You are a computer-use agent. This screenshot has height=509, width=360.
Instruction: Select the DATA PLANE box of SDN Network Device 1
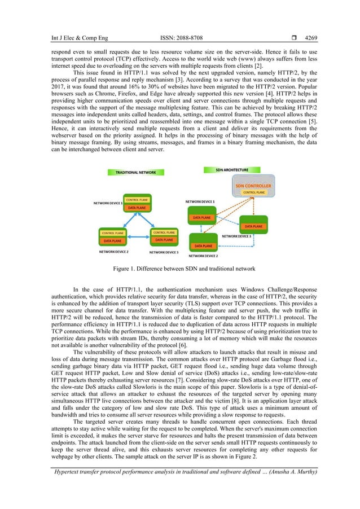click(203, 217)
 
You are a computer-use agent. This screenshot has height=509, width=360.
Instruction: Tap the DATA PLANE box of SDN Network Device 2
click(204, 246)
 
